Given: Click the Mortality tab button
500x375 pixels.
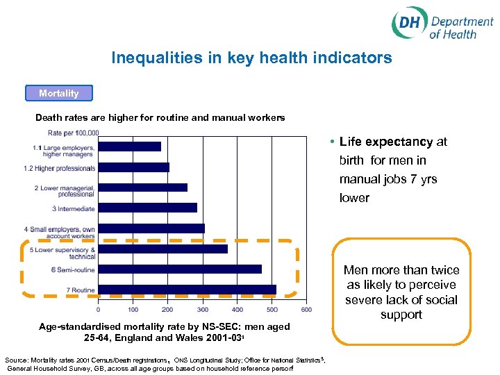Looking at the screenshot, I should [58, 93].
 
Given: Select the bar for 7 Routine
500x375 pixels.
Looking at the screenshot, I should [187, 290].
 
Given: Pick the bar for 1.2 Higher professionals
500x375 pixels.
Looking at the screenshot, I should [133, 167].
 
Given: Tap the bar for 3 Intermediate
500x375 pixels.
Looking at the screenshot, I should [147, 208].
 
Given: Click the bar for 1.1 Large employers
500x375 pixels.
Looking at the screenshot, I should [129, 147].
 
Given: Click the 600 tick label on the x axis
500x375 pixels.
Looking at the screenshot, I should [306, 310].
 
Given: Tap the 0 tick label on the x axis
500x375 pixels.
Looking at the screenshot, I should [98, 310].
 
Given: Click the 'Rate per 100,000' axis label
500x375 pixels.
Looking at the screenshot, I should [73, 133].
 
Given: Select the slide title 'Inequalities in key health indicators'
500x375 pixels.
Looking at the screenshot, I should [251, 58].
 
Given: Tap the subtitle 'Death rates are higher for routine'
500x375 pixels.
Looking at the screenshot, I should [160, 117].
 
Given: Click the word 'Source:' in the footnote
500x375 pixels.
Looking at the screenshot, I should [17, 360].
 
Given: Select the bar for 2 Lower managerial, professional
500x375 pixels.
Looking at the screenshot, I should [142, 187].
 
